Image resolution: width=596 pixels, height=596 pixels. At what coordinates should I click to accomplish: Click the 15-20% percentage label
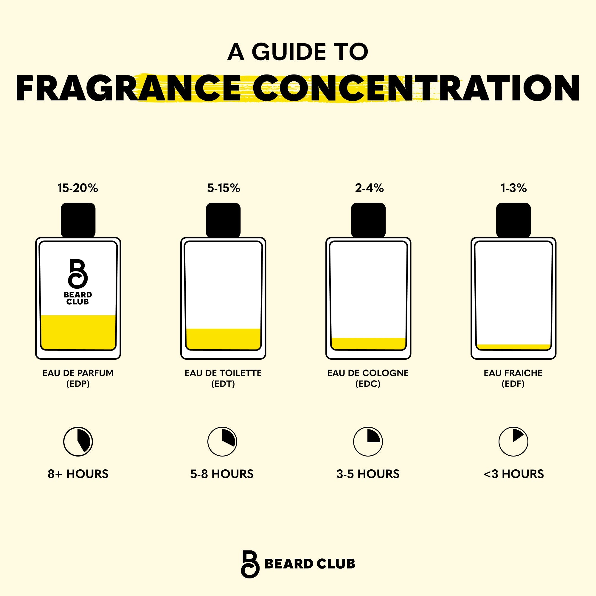point(77,188)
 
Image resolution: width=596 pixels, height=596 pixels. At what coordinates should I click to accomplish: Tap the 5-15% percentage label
point(223,188)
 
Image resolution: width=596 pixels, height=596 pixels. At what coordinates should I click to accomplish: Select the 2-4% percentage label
point(369,188)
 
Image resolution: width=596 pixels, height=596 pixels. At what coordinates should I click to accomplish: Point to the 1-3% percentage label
point(513,188)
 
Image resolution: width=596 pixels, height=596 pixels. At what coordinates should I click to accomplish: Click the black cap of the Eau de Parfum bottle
point(78,220)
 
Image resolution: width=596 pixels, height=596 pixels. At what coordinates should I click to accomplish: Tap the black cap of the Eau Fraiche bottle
point(513,220)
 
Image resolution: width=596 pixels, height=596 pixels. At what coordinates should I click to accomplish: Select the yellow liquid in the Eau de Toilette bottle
point(223,339)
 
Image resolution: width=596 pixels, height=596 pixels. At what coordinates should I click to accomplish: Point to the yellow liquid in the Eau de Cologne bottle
point(368,344)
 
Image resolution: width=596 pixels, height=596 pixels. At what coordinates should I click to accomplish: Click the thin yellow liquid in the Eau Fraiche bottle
point(513,347)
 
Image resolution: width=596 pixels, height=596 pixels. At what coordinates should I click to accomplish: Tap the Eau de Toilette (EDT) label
point(223,378)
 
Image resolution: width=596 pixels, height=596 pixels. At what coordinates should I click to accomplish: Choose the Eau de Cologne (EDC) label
point(368,378)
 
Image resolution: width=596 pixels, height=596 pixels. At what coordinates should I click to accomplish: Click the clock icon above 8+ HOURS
point(78,442)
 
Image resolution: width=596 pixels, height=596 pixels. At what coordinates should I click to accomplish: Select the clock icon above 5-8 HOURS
point(222,442)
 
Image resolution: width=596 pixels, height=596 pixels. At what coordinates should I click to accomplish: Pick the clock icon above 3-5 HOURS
point(368,442)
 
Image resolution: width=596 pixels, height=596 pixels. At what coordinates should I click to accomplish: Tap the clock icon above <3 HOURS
point(513,442)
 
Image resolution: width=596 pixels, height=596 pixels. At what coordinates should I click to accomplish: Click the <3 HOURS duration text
point(514,474)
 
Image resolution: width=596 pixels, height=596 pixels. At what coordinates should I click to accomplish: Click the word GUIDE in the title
point(289,52)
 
